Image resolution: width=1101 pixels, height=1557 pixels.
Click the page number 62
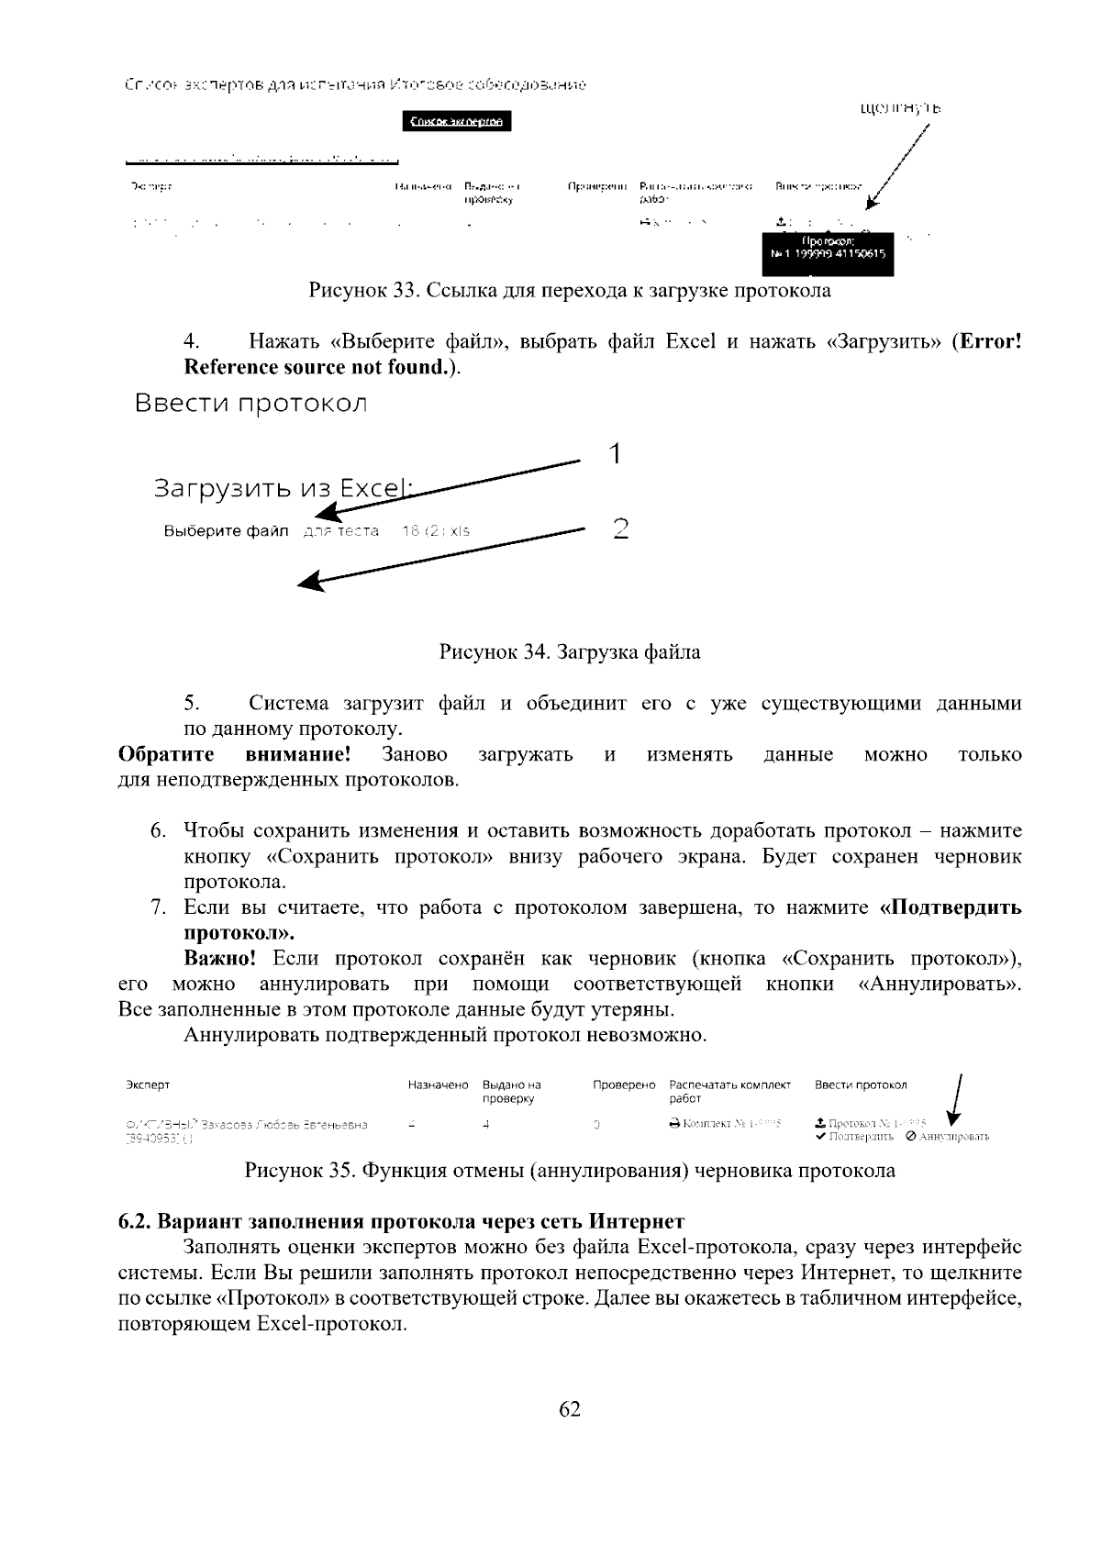pyautogui.click(x=569, y=1408)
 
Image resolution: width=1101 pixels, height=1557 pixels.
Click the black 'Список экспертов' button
pyautogui.click(x=457, y=121)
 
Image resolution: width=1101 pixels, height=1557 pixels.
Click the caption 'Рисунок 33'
pyautogui.click(x=569, y=291)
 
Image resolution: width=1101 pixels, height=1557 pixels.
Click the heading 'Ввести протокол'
pyautogui.click(x=250, y=404)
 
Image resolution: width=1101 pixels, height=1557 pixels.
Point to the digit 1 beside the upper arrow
pyautogui.click(x=616, y=453)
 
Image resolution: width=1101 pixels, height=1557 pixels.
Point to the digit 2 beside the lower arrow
pyautogui.click(x=621, y=528)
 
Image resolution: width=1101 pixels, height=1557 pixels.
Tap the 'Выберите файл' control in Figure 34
pyautogui.click(x=226, y=531)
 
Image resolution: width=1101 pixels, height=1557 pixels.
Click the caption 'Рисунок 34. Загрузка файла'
pyautogui.click(x=569, y=652)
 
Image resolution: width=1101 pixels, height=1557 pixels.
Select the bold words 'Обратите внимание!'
pyautogui.click(x=235, y=755)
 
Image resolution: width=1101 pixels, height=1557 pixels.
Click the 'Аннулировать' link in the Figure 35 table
pyautogui.click(x=953, y=1137)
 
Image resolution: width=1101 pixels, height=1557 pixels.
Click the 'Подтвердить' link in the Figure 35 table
pyautogui.click(x=860, y=1137)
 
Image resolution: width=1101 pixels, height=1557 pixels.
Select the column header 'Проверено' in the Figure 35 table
pyautogui.click(x=624, y=1085)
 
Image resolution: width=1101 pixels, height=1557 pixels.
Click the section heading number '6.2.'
pyautogui.click(x=135, y=1222)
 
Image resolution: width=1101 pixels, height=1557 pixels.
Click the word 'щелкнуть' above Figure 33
pyautogui.click(x=900, y=109)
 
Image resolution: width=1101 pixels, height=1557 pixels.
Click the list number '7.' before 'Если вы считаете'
pyautogui.click(x=157, y=908)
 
